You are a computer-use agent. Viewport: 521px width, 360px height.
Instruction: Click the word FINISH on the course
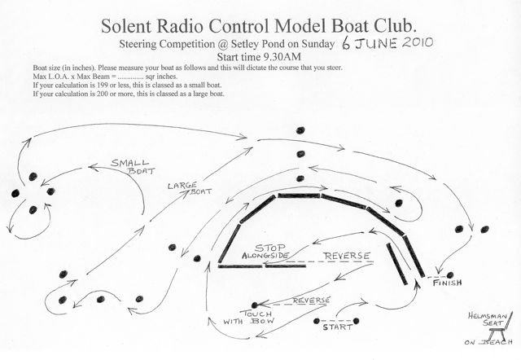click(449, 283)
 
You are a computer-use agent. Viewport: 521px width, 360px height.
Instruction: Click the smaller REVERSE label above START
click(311, 300)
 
